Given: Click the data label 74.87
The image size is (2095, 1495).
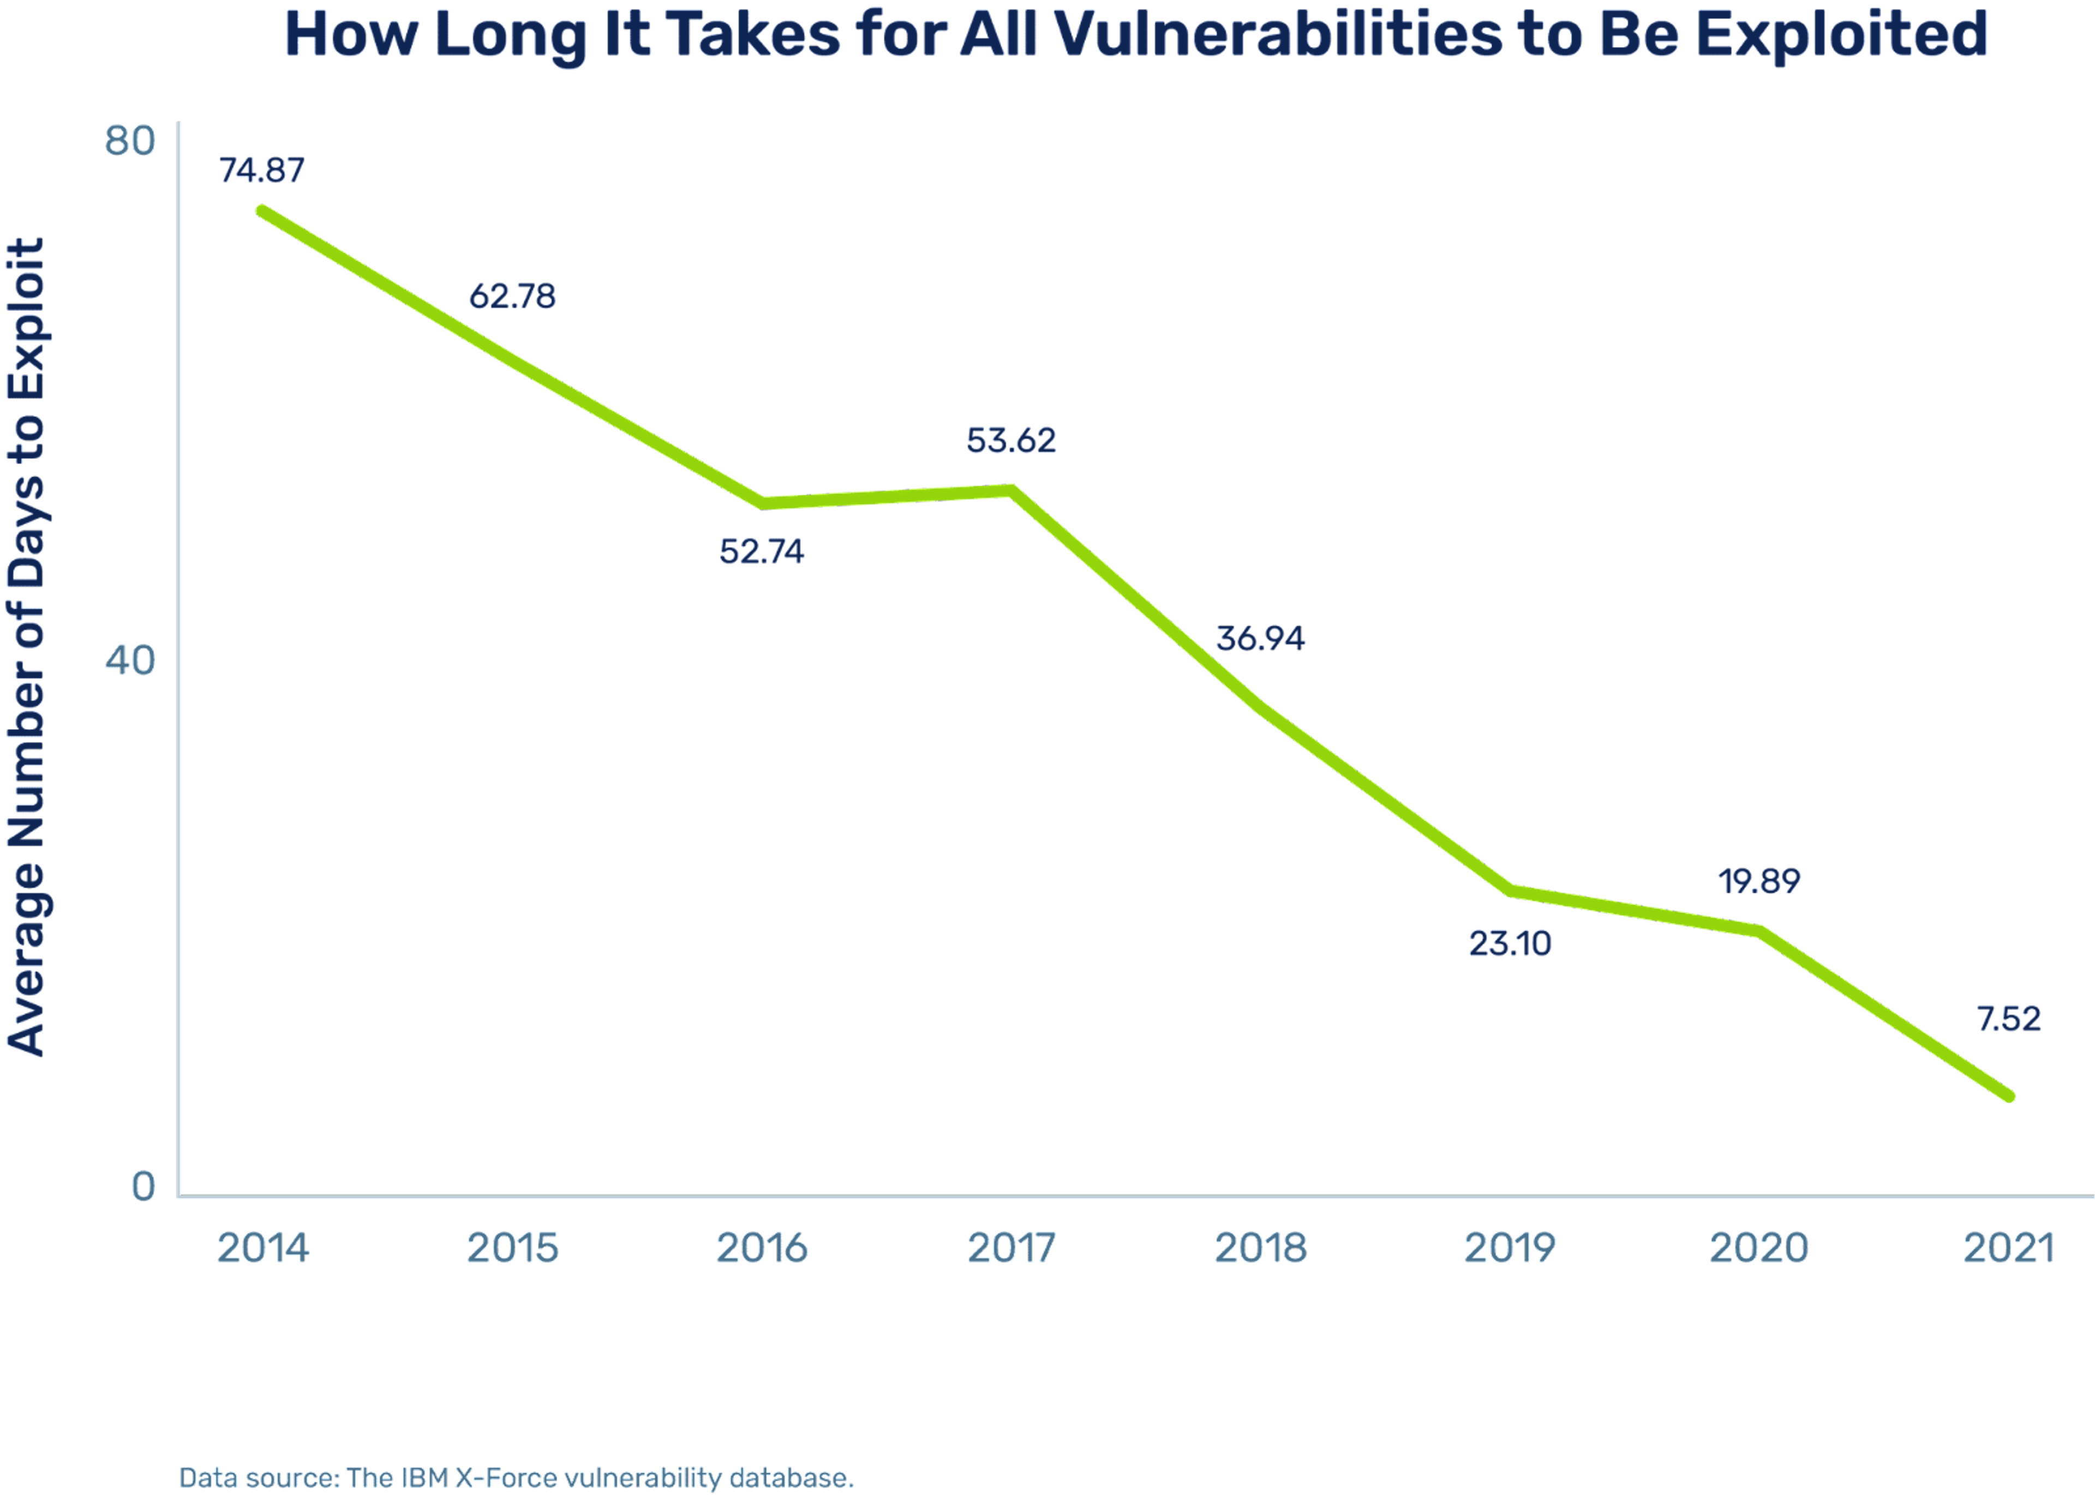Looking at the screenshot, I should (x=261, y=170).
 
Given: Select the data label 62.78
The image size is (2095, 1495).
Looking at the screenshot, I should (x=512, y=296).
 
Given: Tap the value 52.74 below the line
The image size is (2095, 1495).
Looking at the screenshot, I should (x=761, y=551).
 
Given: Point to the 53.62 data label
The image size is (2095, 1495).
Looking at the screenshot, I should (x=1011, y=441).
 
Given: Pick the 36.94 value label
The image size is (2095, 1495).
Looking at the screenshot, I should (x=1260, y=638).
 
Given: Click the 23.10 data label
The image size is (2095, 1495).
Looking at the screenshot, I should (x=1509, y=944).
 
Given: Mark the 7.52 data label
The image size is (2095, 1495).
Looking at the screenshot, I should (x=2008, y=1019).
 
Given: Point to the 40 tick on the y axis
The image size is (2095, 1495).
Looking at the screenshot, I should (x=130, y=660).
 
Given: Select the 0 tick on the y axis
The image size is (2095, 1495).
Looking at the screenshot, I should (x=143, y=1187).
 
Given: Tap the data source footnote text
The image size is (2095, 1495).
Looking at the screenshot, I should (x=516, y=1478).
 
